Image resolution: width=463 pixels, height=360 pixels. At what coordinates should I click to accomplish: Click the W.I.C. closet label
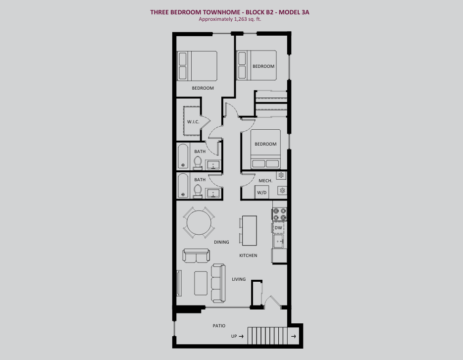pyautogui.click(x=193, y=122)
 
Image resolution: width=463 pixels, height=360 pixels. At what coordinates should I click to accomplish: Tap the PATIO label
pyautogui.click(x=219, y=326)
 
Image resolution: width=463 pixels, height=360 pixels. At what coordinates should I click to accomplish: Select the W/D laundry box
pyautogui.click(x=262, y=192)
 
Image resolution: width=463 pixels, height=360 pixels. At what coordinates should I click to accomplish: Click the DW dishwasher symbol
pyautogui.click(x=278, y=228)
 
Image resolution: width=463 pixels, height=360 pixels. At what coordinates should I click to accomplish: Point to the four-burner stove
pyautogui.click(x=279, y=214)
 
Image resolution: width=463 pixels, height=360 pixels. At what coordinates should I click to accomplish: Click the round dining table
pyautogui.click(x=199, y=222)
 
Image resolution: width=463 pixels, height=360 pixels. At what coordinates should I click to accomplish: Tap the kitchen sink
pyautogui.click(x=278, y=241)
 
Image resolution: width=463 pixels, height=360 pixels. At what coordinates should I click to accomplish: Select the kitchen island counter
pyautogui.click(x=250, y=231)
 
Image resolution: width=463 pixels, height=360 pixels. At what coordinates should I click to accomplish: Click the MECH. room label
pyautogui.click(x=265, y=181)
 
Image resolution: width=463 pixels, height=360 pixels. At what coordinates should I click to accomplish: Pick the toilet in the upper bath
pyautogui.click(x=198, y=163)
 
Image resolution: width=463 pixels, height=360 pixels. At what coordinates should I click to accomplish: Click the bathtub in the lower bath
pyautogui.click(x=183, y=186)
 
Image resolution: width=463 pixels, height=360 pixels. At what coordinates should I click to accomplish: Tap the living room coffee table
pyautogui.click(x=201, y=283)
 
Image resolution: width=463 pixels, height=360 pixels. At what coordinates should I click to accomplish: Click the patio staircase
pyautogui.click(x=267, y=336)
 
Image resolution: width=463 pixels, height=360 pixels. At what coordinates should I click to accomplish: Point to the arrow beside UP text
pyautogui.click(x=241, y=336)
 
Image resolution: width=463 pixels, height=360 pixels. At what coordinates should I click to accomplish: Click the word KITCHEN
pyautogui.click(x=248, y=256)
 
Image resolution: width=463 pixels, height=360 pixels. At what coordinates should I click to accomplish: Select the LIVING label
pyautogui.click(x=239, y=279)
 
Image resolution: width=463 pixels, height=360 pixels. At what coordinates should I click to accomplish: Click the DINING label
pyautogui.click(x=221, y=242)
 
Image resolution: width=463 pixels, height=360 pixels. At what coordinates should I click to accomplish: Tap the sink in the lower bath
pyautogui.click(x=212, y=194)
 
